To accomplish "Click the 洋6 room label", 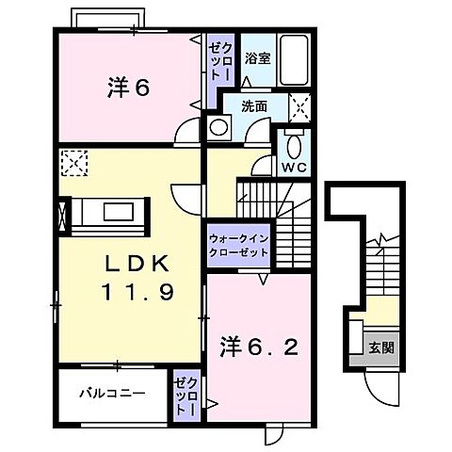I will point(128,89).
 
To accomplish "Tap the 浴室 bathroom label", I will point(257,58).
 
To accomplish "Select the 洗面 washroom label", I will point(252,105).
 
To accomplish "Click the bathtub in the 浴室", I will point(296,60).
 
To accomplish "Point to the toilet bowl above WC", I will point(294,146).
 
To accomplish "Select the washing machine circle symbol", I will point(218,127).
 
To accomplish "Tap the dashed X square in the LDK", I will point(73,164).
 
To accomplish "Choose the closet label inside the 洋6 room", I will point(218,61).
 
